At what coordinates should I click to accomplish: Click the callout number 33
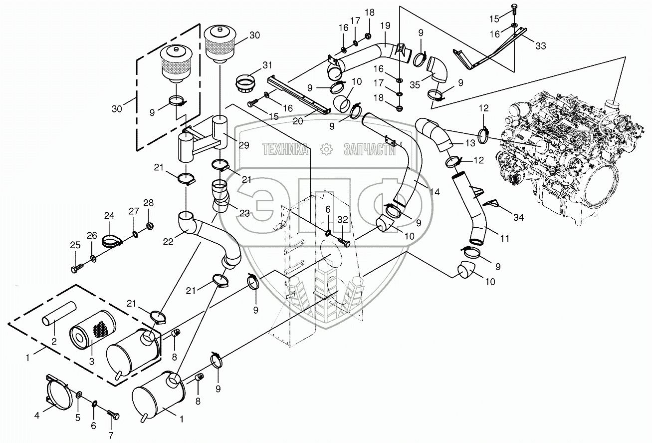click(541, 46)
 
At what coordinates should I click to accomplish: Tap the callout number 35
click(415, 85)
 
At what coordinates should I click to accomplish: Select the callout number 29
click(244, 145)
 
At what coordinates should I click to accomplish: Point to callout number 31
click(267, 65)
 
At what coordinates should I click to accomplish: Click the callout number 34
click(518, 217)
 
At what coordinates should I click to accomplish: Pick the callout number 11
click(504, 238)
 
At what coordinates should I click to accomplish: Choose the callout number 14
click(435, 192)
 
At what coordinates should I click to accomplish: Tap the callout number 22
click(168, 242)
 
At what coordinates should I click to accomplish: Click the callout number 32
click(343, 219)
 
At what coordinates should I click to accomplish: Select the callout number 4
click(37, 415)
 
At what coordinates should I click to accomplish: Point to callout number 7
click(111, 436)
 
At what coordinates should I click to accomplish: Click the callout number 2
click(54, 341)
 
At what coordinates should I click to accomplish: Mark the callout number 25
click(75, 245)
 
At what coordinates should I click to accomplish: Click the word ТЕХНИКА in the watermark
click(285, 149)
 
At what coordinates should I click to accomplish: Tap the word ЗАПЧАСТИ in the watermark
click(369, 149)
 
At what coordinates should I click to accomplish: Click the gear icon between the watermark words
click(326, 149)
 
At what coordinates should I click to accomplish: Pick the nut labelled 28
click(149, 226)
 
